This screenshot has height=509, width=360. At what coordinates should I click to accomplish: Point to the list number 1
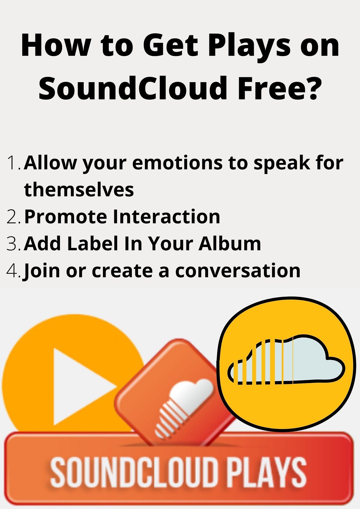[x=12, y=163]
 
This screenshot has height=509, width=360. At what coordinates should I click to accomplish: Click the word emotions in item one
[x=177, y=163]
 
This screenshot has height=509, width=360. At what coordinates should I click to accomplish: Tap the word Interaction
[x=166, y=217]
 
